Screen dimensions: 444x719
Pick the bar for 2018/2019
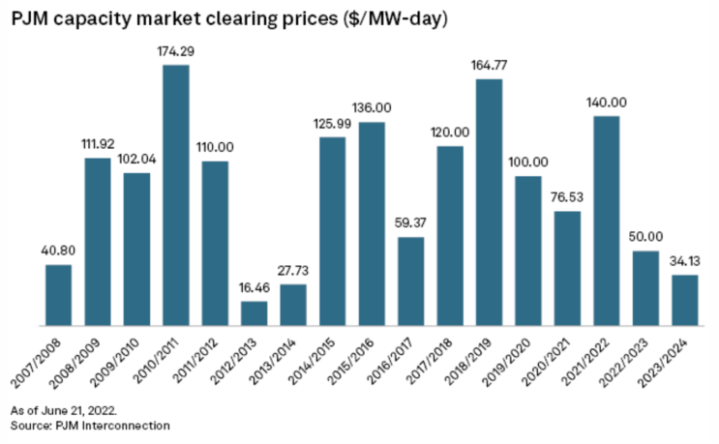tap(489, 202)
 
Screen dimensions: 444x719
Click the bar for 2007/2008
tap(58, 295)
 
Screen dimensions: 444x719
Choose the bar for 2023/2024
tap(685, 300)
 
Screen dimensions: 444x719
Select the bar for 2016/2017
tap(410, 281)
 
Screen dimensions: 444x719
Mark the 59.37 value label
tap(410, 224)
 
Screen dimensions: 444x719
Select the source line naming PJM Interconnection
tap(91, 426)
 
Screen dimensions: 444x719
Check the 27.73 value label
tap(293, 272)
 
